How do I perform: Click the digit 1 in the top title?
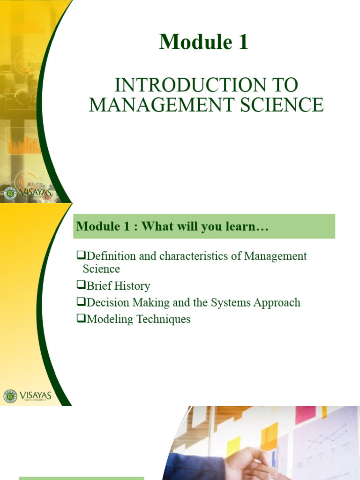(x=243, y=42)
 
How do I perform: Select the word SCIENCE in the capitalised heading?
(x=282, y=105)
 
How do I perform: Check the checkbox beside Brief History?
(x=81, y=285)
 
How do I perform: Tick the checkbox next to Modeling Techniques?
(x=81, y=318)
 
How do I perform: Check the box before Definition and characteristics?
(x=81, y=255)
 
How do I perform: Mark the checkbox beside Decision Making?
(x=81, y=301)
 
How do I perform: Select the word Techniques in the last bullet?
(x=164, y=319)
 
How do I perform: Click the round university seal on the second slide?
(x=10, y=396)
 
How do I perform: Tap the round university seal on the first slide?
(x=10, y=194)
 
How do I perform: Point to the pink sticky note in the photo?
(x=305, y=414)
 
